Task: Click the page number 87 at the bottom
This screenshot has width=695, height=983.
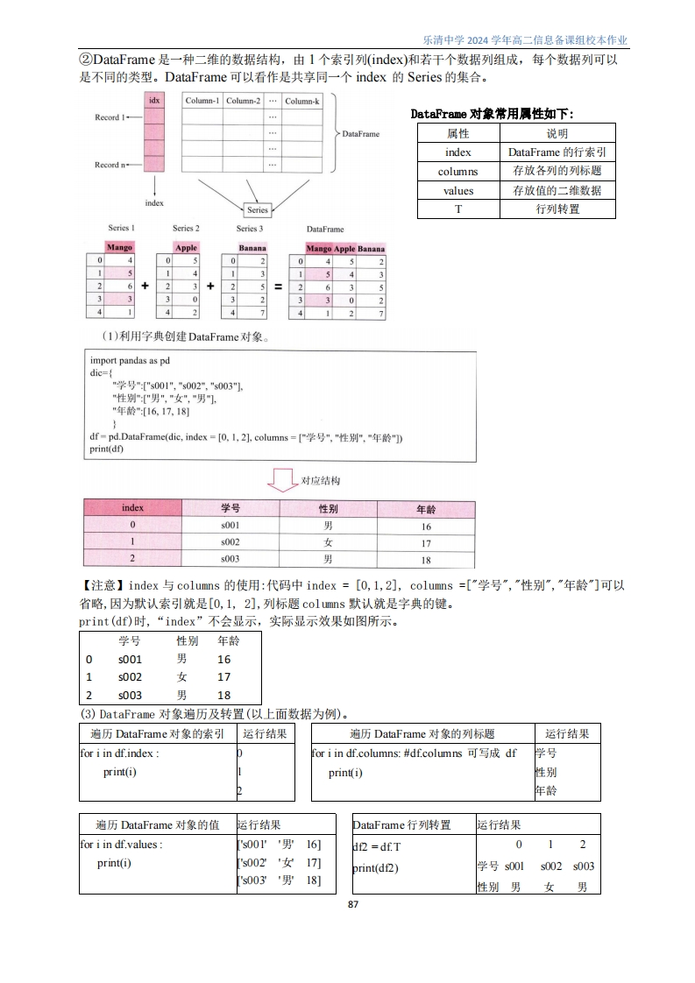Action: [x=353, y=904]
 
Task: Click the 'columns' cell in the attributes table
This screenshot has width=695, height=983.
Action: [x=457, y=172]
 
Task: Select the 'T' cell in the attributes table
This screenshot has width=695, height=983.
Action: [x=457, y=209]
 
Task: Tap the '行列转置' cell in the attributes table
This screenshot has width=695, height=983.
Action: [x=557, y=209]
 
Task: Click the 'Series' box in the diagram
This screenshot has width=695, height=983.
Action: [x=258, y=210]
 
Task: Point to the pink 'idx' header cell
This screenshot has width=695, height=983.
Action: [x=154, y=101]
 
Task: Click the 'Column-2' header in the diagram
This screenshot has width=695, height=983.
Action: [x=244, y=101]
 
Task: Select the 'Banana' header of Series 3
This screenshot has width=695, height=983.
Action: [x=252, y=248]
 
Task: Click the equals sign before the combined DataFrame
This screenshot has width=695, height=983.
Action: [x=278, y=286]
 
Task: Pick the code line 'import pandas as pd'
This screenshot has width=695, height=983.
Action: [x=131, y=360]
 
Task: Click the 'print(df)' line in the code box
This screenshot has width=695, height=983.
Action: [x=107, y=449]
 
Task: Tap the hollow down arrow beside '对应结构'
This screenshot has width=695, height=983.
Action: [x=282, y=480]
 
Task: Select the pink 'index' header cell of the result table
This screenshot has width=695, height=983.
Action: [x=132, y=508]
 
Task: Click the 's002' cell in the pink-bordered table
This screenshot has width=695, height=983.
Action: [x=230, y=542]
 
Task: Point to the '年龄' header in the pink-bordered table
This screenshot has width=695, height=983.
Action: [x=426, y=509]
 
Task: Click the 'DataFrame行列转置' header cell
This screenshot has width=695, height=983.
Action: [x=401, y=824]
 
